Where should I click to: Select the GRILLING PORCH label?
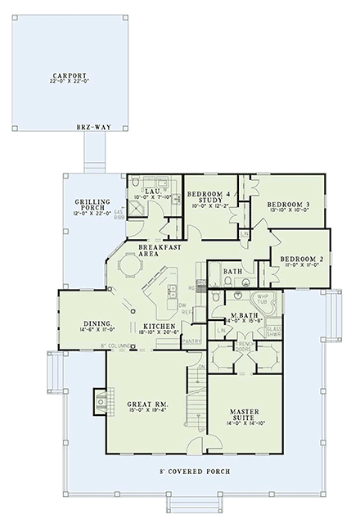(88, 204)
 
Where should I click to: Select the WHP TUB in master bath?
(263, 300)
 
